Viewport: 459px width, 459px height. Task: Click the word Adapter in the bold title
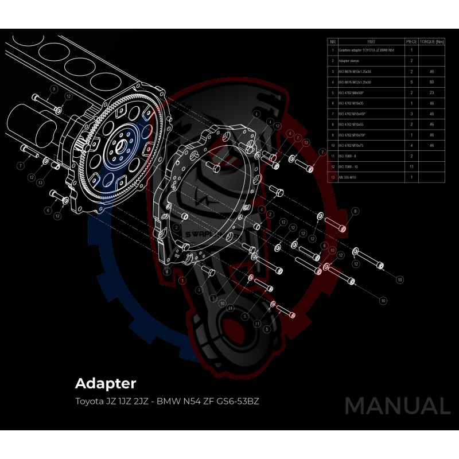point(106,383)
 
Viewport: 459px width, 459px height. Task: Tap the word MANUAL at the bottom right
point(397,406)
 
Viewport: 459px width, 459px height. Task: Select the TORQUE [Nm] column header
point(431,42)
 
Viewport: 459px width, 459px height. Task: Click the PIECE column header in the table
point(411,42)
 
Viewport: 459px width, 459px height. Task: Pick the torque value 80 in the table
point(431,82)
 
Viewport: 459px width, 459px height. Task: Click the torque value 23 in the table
point(431,92)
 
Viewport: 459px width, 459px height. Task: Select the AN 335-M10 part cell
point(350,177)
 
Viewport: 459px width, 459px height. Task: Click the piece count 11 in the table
point(411,166)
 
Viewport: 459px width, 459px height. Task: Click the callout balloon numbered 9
point(53,90)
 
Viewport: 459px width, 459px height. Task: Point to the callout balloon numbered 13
point(40,182)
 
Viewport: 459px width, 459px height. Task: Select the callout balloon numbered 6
point(48,211)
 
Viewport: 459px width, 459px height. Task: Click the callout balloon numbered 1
point(182,281)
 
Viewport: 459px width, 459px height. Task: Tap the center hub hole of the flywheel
point(121,143)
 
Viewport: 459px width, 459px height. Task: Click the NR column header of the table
point(332,42)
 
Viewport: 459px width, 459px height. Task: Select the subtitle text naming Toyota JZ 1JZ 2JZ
point(109,400)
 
